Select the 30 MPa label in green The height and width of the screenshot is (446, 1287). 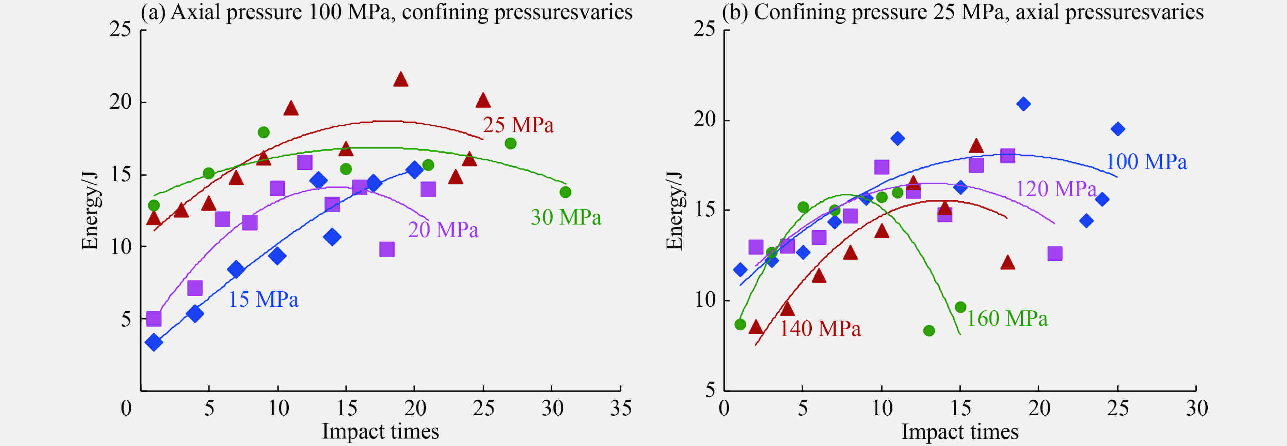566,217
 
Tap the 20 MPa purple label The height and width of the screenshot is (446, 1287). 443,230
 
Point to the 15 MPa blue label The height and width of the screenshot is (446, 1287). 263,299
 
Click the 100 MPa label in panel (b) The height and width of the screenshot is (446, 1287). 1146,162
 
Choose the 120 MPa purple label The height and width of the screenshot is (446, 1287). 1056,189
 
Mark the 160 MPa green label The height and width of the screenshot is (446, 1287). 1007,319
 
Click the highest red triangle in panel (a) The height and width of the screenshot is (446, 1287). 401,79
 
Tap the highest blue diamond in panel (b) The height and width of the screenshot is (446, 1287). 1023,104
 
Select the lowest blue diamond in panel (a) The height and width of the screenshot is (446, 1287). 154,342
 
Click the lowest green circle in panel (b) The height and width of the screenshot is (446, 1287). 929,330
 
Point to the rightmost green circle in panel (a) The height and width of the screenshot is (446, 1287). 565,192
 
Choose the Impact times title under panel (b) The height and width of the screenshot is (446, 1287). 959,431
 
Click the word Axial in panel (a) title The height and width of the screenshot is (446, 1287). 194,12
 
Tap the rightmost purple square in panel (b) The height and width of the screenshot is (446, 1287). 1055,253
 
